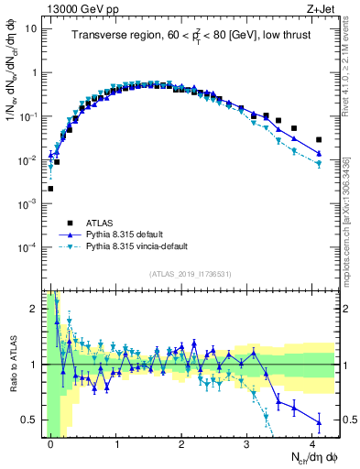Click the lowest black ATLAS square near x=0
(x=50, y=189)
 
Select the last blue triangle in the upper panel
(x=319, y=153)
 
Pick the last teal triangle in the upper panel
(x=319, y=164)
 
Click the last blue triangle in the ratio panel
(x=319, y=422)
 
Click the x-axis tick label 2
(x=181, y=443)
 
